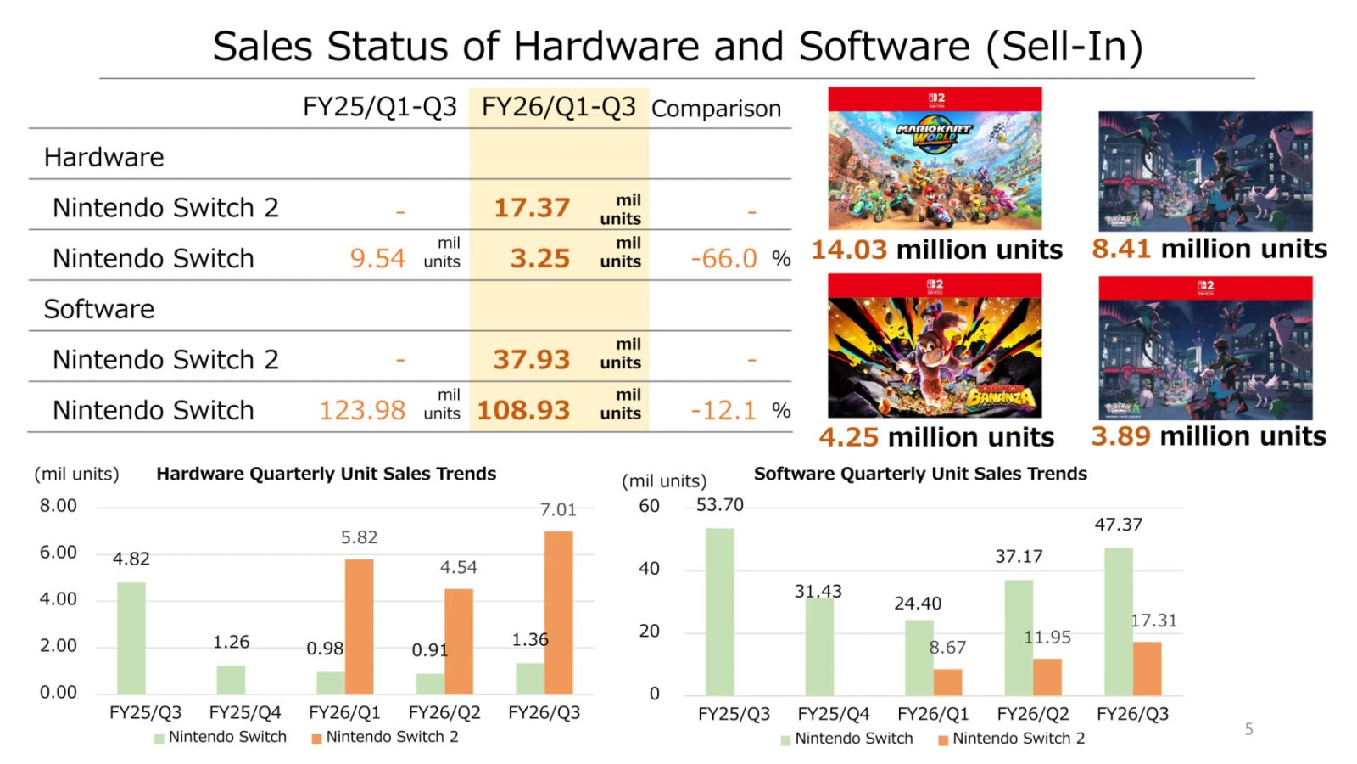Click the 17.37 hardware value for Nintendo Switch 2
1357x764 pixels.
(532, 208)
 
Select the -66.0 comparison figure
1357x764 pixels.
(723, 258)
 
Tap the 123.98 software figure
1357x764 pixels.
(362, 411)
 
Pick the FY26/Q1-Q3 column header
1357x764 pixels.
(558, 108)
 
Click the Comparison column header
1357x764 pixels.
(716, 109)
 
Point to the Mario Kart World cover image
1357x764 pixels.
(935, 159)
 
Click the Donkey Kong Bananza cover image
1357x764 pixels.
(935, 345)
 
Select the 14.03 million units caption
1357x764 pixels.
(936, 250)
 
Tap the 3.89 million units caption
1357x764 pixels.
(1209, 436)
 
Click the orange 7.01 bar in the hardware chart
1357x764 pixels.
(558, 612)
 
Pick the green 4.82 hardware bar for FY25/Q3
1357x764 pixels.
(131, 638)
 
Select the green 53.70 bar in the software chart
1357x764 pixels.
(720, 611)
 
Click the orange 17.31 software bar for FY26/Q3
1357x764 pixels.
(1147, 668)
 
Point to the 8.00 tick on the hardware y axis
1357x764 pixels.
(58, 506)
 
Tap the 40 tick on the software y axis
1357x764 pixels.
(649, 569)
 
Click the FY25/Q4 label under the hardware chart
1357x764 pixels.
(245, 713)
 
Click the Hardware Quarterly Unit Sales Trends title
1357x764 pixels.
(326, 474)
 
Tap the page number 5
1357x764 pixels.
(1248, 729)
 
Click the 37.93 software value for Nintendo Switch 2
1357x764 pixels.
(532, 360)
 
